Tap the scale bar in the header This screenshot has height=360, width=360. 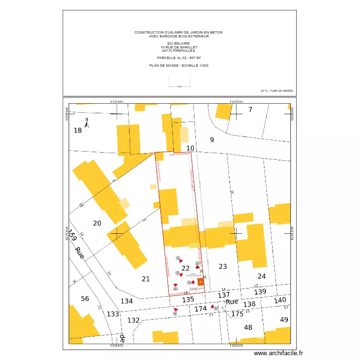tap(179, 85)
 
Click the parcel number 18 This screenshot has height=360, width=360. tap(78, 131)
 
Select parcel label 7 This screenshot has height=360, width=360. tap(250, 110)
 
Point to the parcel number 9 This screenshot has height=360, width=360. tap(212, 140)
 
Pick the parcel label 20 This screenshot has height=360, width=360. tap(97, 223)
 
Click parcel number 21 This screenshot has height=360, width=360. tap(146, 278)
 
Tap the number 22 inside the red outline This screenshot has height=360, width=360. tap(185, 268)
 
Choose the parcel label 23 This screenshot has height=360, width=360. tap(223, 266)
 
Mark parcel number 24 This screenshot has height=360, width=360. tap(262, 276)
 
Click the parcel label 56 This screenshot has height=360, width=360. tap(85, 299)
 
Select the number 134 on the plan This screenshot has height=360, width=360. tap(127, 301)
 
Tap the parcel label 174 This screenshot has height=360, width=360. tap(201, 309)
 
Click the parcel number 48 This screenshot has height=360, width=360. tap(248, 327)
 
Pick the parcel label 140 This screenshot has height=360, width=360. tap(280, 300)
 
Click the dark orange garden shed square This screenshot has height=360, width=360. tap(201, 282)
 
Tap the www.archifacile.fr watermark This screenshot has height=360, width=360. tap(279, 353)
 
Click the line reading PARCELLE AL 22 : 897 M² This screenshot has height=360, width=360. tap(179, 58)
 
